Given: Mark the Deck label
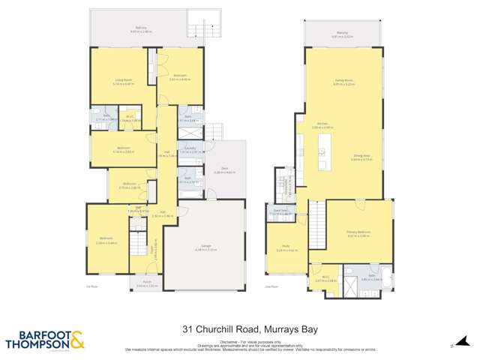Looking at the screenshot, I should pyautogui.click(x=224, y=170).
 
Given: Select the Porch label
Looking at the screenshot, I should pyautogui.click(x=142, y=283).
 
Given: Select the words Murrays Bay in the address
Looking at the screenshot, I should pyautogui.click(x=277, y=328).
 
